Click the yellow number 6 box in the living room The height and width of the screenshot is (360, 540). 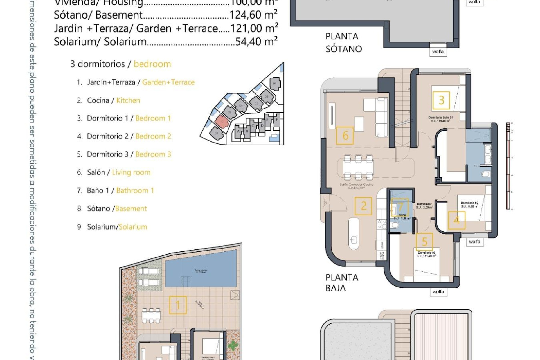tap(345, 136)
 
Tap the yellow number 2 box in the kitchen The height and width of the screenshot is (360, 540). tap(363, 206)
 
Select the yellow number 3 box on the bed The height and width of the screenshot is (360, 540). tap(441, 100)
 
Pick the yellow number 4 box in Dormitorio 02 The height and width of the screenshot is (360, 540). tap(456, 220)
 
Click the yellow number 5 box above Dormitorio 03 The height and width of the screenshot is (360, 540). tap(424, 242)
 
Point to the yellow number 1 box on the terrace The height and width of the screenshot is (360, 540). tap(178, 305)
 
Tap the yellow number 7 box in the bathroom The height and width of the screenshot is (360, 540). tap(400, 207)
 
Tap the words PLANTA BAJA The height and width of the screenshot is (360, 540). tap(341, 283)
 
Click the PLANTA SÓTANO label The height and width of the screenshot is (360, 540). tap(343, 42)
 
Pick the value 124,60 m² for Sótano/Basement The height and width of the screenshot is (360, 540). tap(253, 15)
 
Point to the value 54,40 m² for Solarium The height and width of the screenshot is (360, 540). tap(256, 42)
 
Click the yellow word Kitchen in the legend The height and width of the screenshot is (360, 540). tap(128, 100)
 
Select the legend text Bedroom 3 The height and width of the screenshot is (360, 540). tap(153, 154)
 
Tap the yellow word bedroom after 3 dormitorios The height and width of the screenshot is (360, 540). tap(152, 64)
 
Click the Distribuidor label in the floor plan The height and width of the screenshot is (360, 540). tap(424, 204)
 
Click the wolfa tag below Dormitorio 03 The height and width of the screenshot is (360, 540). tap(438, 292)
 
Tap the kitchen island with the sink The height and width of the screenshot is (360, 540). tap(354, 233)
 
